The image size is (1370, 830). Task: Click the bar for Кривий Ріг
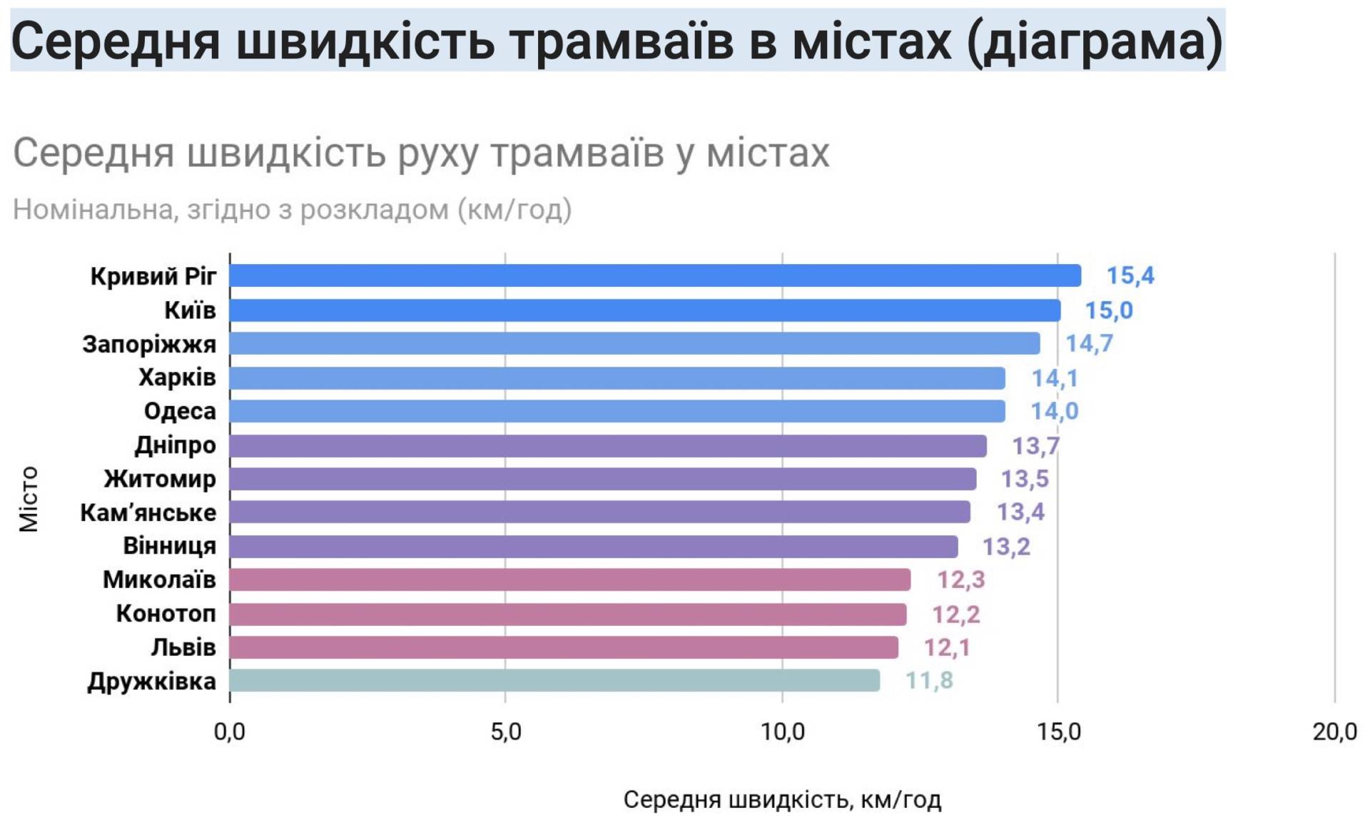(x=655, y=275)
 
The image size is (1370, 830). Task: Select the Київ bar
(x=645, y=310)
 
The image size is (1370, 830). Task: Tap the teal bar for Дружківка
(x=554, y=681)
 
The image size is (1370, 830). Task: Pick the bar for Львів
(x=564, y=647)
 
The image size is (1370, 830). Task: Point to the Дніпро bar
(x=608, y=446)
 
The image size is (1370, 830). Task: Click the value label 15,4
(x=1130, y=275)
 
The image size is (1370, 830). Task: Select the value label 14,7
(x=1089, y=344)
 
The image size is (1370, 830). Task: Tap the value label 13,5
(x=1025, y=479)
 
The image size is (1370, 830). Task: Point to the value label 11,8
(x=929, y=681)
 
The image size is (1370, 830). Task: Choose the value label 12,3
(x=960, y=580)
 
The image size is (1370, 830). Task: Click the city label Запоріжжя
(x=149, y=344)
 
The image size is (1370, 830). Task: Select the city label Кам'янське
(x=148, y=512)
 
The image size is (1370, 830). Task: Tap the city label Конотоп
(x=166, y=614)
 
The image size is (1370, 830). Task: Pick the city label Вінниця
(x=169, y=546)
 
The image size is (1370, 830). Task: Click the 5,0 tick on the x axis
(x=506, y=732)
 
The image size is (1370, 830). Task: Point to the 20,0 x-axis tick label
(x=1334, y=732)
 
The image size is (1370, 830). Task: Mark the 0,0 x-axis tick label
(x=230, y=732)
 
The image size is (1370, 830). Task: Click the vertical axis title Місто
(x=29, y=499)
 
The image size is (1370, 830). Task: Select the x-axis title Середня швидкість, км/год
(x=782, y=800)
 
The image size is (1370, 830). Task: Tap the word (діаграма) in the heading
(x=1095, y=41)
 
